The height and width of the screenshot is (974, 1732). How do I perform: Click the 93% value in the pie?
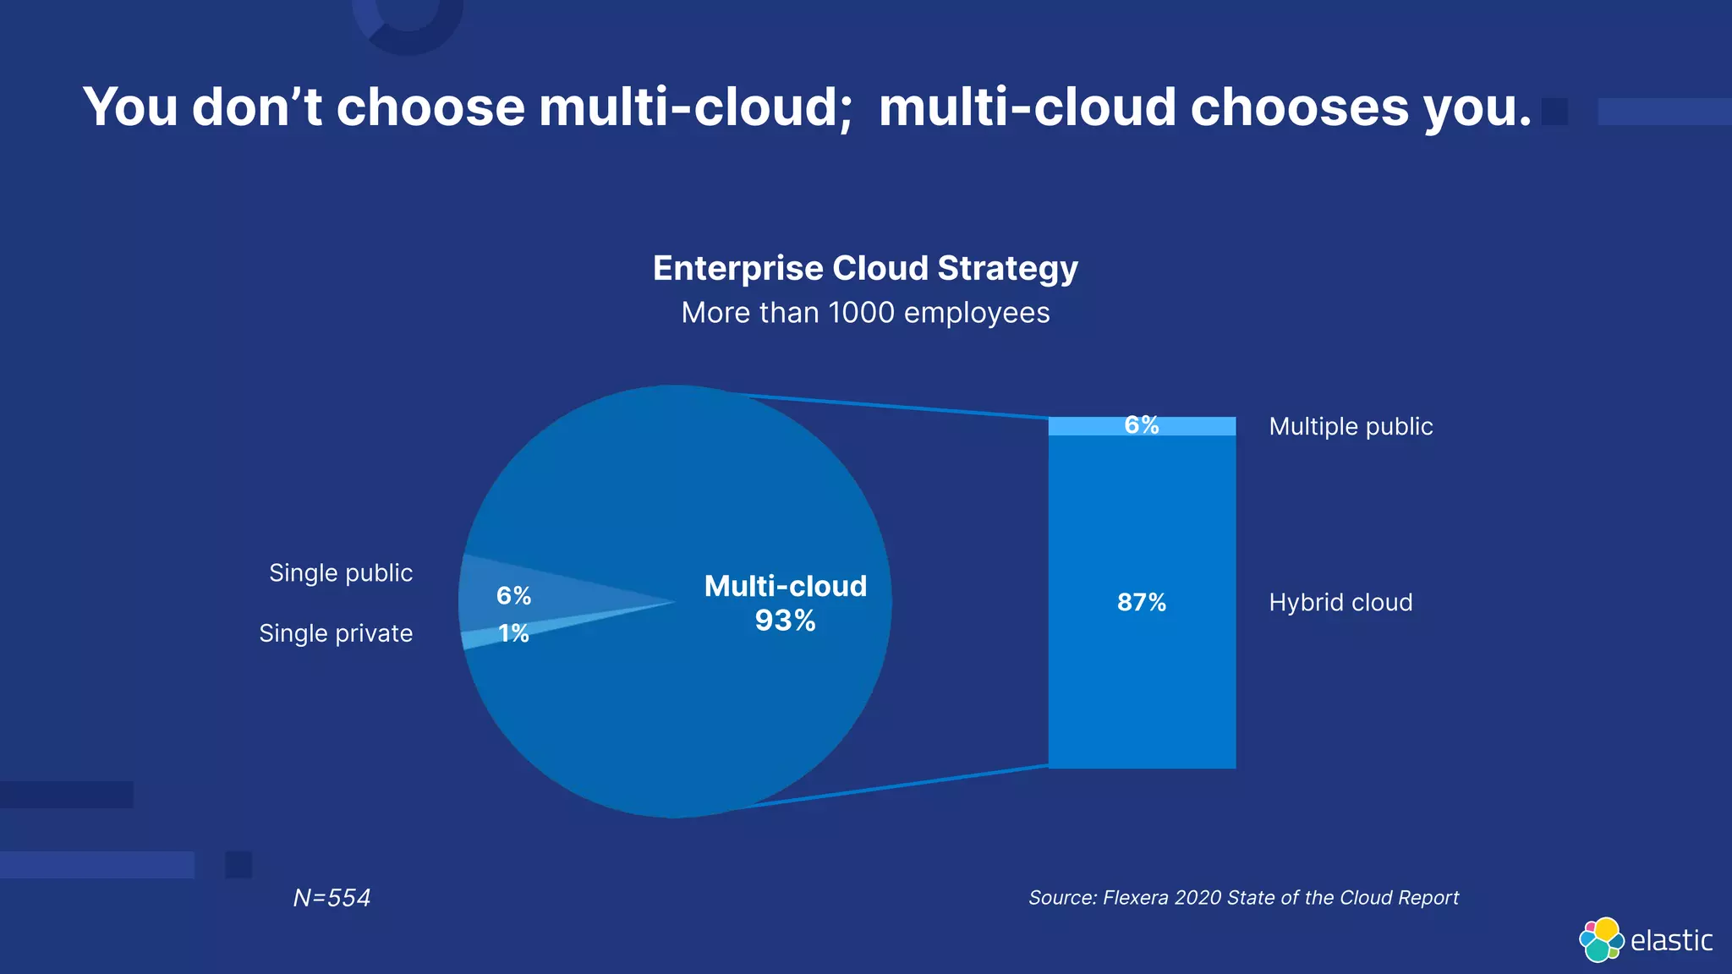pyautogui.click(x=785, y=621)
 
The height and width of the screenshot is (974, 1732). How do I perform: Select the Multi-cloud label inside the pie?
pyautogui.click(x=785, y=586)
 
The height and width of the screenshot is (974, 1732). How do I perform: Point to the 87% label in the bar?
pyautogui.click(x=1141, y=602)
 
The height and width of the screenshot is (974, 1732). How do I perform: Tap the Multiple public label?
pyautogui.click(x=1351, y=426)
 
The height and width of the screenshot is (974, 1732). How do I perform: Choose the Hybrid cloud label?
pyautogui.click(x=1340, y=602)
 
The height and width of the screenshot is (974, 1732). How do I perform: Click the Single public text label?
pyautogui.click(x=341, y=573)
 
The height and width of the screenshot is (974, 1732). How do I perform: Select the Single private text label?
pyautogui.click(x=336, y=633)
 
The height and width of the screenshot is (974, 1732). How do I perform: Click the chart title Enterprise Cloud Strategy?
pyautogui.click(x=865, y=268)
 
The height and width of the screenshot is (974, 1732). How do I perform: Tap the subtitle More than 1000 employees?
pyautogui.click(x=865, y=313)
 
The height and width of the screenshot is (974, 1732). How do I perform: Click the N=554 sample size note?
pyautogui.click(x=332, y=898)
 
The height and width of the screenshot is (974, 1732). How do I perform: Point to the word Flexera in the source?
pyautogui.click(x=1136, y=898)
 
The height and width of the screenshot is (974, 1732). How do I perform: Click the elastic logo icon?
pyautogui.click(x=1601, y=939)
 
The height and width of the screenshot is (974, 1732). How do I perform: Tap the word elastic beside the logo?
pyautogui.click(x=1671, y=940)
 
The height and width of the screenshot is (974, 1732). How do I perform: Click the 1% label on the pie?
pyautogui.click(x=513, y=632)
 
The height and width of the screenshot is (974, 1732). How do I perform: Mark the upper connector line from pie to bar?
pyautogui.click(x=888, y=406)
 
